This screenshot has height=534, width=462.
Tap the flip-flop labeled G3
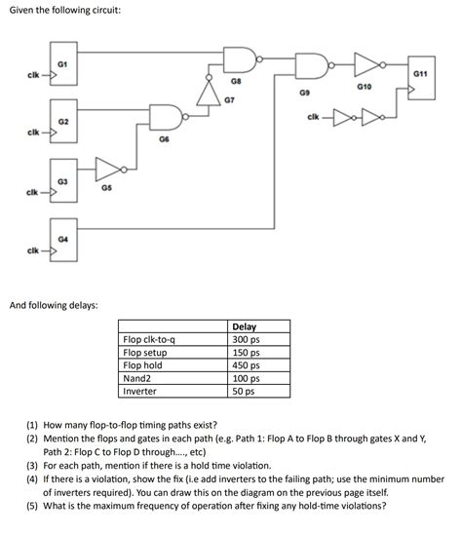coord(61,185)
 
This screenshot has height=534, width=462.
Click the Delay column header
coord(246,327)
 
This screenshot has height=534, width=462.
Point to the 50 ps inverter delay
coord(244,391)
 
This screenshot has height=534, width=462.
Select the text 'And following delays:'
coord(55,305)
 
